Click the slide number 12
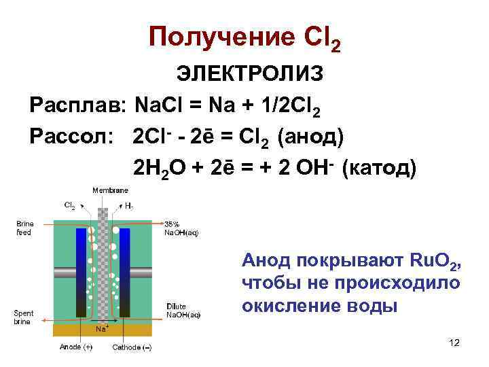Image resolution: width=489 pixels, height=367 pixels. (x=454, y=343)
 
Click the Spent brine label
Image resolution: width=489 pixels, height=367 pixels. (x=24, y=317)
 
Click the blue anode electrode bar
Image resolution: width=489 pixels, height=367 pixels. (x=81, y=272)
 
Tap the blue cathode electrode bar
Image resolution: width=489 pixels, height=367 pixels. (x=124, y=272)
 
